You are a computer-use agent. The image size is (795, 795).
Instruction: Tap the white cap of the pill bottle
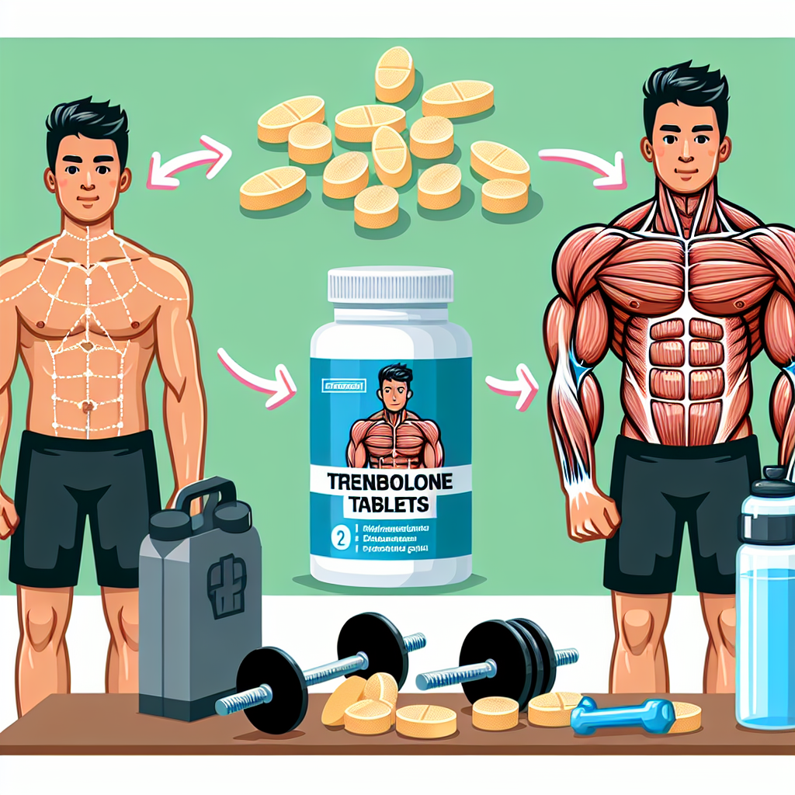(391, 284)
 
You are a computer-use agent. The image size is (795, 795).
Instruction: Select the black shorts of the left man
(85, 505)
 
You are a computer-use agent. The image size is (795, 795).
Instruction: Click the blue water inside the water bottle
(764, 637)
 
